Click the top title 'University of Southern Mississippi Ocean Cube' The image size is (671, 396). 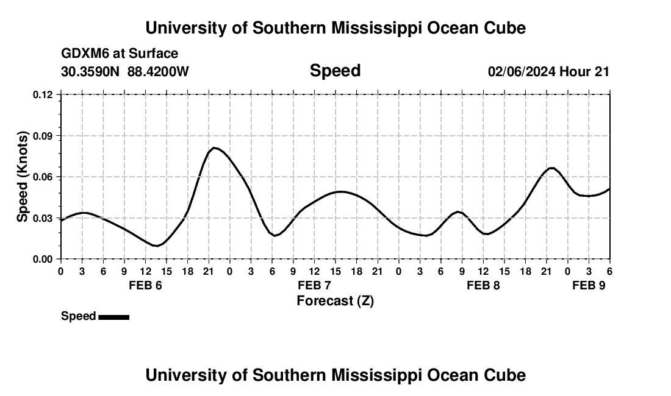pos(335,28)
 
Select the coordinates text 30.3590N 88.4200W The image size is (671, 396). pos(125,71)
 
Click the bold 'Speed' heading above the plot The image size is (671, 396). pos(335,71)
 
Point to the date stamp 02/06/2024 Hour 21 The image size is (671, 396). pos(548,71)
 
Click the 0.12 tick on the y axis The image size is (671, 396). pos(43,94)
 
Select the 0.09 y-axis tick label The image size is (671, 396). pos(43,136)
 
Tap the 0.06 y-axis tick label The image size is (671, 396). pos(43,177)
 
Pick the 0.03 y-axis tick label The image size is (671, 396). pos(43,218)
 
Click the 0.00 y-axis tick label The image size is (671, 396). pos(43,259)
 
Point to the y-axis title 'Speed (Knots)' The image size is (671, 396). pos(23,177)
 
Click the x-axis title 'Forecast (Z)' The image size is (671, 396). pos(335,301)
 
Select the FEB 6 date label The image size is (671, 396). pos(145,286)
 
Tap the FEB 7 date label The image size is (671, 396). pos(314,286)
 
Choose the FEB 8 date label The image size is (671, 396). pos(483,286)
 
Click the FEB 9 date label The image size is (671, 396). pos(589,286)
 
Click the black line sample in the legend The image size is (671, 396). pos(113,317)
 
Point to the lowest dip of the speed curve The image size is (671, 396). pos(157,246)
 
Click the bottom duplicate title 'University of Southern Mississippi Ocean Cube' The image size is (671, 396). pos(335,375)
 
